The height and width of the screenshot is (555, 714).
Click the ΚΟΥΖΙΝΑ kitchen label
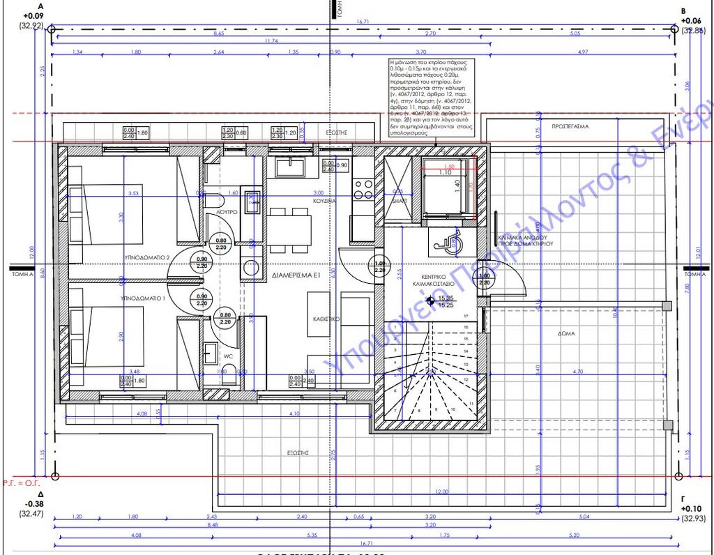pos(325,200)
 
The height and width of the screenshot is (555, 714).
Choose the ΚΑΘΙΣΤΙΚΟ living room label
pos(325,318)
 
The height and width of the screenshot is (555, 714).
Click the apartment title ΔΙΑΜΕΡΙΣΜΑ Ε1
pos(296,276)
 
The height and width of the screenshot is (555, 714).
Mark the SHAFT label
pos(400,201)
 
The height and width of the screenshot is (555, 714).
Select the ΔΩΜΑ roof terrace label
pos(566,333)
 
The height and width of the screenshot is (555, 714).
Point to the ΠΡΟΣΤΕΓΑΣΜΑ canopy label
pos(570,127)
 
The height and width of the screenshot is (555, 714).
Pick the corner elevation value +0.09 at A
pos(33,15)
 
